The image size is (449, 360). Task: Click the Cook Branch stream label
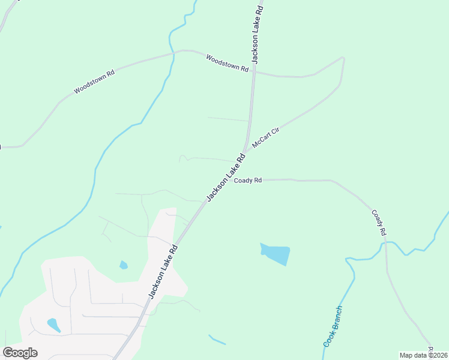pos(333,327)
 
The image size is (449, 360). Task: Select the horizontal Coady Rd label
pos(248,180)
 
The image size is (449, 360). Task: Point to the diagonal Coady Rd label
pos(379,222)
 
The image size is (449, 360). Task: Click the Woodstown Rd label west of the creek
pos(94,82)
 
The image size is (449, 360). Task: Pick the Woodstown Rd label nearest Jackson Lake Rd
pos(227,63)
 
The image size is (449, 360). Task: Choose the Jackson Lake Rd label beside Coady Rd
pos(226,178)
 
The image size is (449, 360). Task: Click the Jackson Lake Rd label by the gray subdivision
pos(163,271)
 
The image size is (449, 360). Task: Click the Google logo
pos(20,353)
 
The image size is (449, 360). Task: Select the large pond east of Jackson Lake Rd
pos(276,254)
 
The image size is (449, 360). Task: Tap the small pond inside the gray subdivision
pos(53,325)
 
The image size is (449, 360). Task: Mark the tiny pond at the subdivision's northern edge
pos(123,265)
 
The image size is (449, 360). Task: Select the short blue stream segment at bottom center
pos(217,340)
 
